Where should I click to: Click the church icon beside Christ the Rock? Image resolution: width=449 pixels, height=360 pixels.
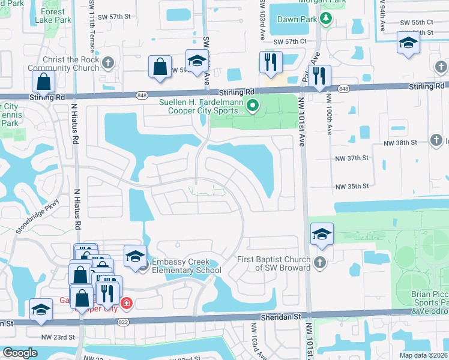coord(108,62)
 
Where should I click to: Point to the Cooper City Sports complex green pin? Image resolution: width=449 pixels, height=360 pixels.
coord(253,106)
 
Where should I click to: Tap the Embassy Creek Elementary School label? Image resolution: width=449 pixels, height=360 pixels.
coord(187,266)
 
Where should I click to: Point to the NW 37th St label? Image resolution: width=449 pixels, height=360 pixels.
coord(351,158)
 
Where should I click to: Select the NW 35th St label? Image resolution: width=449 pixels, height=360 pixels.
coord(351,187)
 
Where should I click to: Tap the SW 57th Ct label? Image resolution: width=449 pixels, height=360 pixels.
coord(290,41)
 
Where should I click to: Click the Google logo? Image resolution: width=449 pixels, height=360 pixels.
coord(20,353)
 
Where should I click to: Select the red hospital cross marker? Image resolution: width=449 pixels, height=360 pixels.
coord(127,303)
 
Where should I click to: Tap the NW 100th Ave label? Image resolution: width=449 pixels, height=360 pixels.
coord(328,114)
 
